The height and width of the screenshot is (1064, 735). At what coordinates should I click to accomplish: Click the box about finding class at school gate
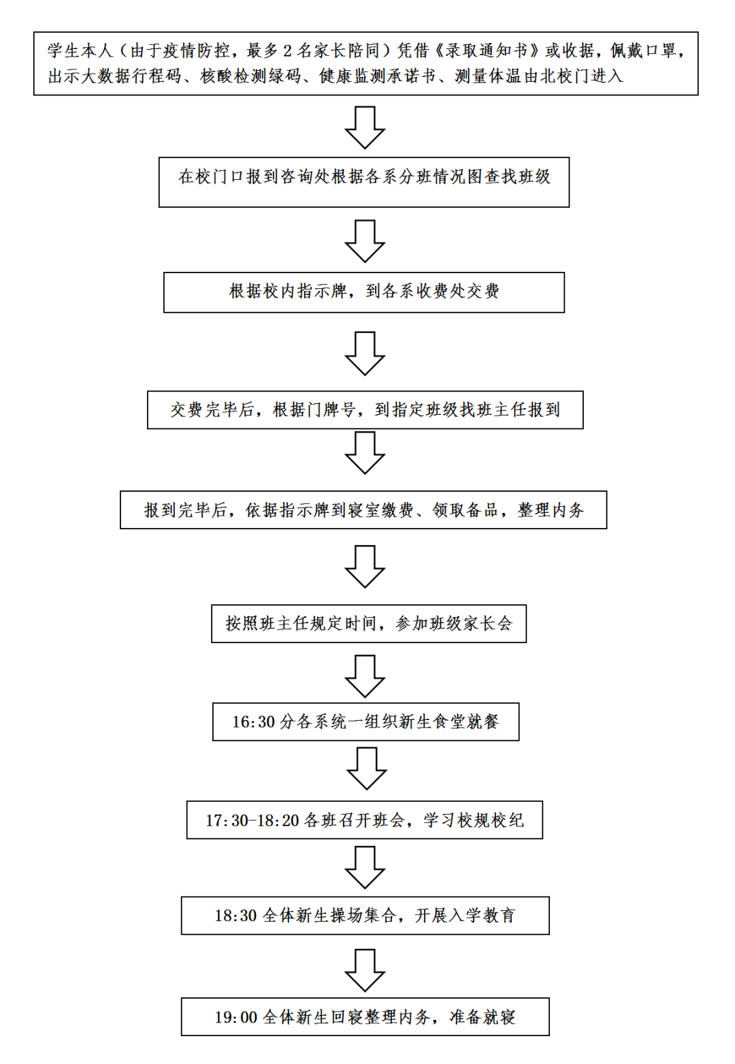tap(364, 182)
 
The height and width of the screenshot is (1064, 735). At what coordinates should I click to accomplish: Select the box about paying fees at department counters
tap(364, 292)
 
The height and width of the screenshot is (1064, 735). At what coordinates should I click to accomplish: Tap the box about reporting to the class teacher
tap(365, 409)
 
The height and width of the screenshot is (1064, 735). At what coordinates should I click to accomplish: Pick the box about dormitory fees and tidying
tap(363, 510)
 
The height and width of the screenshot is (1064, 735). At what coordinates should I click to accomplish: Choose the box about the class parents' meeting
tap(369, 623)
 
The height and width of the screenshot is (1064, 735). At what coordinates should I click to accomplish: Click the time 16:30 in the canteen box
tap(253, 722)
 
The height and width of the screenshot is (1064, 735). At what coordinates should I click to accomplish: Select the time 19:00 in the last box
tap(235, 1018)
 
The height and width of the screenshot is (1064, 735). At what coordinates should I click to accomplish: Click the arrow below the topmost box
tap(365, 127)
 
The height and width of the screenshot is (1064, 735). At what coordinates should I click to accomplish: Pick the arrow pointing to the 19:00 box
tap(365, 970)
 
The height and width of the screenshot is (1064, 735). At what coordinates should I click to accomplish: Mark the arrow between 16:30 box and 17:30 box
tap(366, 768)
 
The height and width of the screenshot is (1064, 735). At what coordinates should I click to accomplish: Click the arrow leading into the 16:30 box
tap(365, 676)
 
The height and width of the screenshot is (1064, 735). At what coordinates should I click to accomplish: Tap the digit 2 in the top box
tap(287, 51)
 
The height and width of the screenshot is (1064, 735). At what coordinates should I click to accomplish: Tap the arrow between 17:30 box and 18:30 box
tap(365, 867)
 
